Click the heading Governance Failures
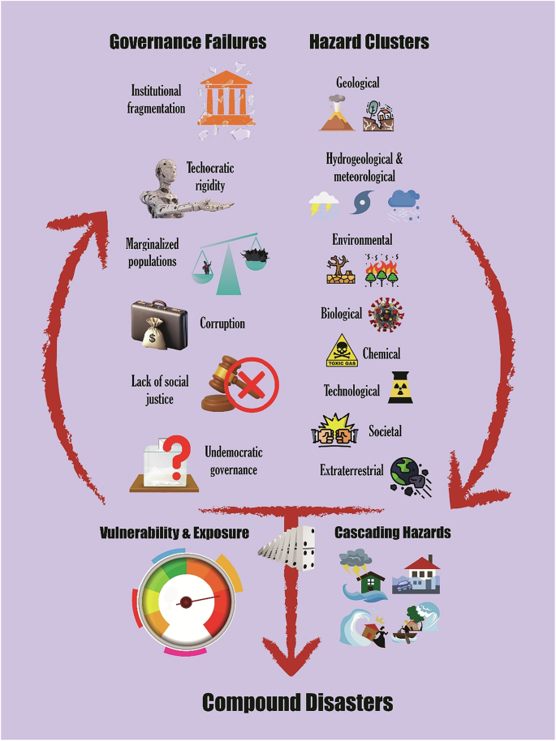click(x=187, y=41)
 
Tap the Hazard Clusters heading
click(x=369, y=41)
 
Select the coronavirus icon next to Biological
click(x=386, y=314)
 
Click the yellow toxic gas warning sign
click(x=342, y=355)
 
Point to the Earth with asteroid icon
click(x=410, y=476)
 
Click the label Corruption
click(x=222, y=323)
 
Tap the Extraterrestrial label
click(x=351, y=471)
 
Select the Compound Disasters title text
click(x=297, y=702)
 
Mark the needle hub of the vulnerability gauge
click(x=186, y=602)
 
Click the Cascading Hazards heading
click(x=393, y=533)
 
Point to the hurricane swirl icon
click(x=362, y=202)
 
